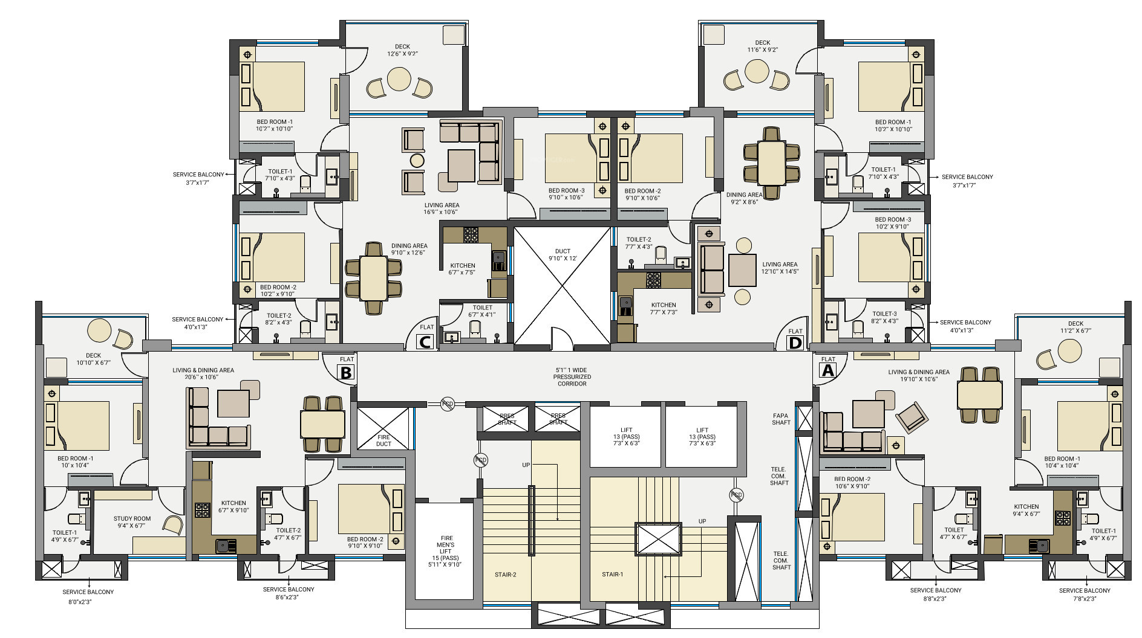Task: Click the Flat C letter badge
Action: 426,342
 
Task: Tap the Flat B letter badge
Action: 346,373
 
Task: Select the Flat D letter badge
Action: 795,343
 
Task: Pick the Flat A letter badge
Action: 827,371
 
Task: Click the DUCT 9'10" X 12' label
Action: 563,255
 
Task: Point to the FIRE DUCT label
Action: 383,440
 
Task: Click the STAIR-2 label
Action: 505,575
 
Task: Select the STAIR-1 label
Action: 612,574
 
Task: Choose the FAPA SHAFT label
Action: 781,419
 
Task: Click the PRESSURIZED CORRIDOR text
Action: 572,380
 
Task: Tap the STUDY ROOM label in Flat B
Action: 132,518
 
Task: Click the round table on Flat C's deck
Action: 399,79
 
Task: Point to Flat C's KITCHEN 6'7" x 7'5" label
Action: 463,269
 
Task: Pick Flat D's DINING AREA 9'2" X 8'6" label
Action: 744,198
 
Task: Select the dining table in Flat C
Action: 374,278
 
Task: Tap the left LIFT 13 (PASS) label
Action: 626,437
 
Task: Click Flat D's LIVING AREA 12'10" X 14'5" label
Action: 780,268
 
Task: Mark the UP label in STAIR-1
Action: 702,521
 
